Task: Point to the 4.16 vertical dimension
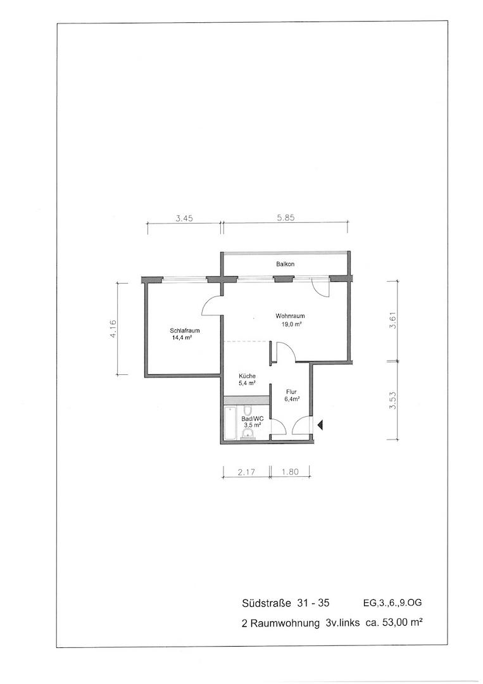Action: pos(113,329)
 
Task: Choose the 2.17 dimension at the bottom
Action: pos(246,472)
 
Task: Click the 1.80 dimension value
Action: pos(291,472)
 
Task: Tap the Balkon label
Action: pos(285,264)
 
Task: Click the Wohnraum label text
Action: pos(290,316)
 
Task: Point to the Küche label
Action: pos(247,376)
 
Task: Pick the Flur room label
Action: pos(292,392)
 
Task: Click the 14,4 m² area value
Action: pos(183,337)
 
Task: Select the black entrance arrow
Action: pos(320,424)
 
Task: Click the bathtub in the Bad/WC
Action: pos(230,423)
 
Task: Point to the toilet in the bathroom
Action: pos(247,410)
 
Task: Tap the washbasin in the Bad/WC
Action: pos(248,434)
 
